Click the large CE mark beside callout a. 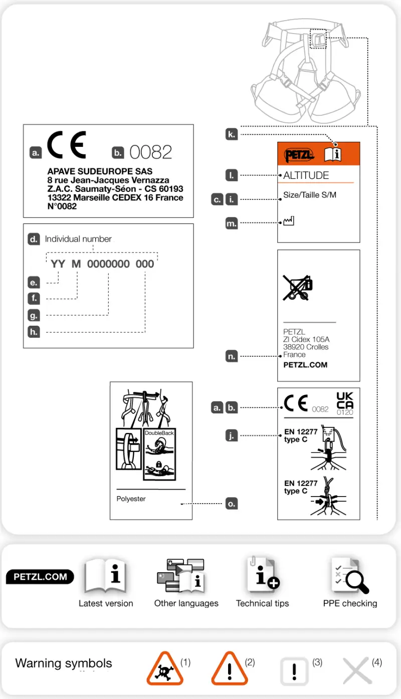click(66, 145)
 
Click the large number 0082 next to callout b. click(150, 152)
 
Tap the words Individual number click(78, 239)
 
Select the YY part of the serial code click(58, 264)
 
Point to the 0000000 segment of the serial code click(108, 264)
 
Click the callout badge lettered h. click(34, 332)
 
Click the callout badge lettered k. click(231, 134)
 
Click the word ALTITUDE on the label click(306, 175)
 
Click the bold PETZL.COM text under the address click(305, 365)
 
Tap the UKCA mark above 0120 click(345, 400)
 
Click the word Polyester click(131, 499)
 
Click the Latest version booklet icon click(105, 577)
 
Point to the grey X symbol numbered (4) click(357, 671)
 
